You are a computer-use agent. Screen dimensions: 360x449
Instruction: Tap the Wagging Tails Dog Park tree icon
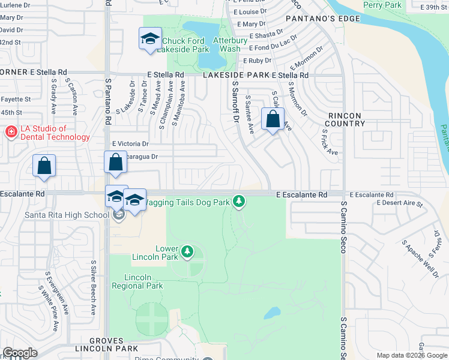pos(239,201)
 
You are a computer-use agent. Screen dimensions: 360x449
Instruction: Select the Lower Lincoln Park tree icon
pos(188,251)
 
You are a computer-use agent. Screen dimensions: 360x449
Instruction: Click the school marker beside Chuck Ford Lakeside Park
pos(148,40)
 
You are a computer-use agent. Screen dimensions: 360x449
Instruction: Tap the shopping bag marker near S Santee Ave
pos(273,119)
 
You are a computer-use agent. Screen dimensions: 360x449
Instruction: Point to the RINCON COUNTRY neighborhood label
pos(346,119)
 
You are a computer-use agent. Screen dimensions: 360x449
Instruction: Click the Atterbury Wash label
pos(229,44)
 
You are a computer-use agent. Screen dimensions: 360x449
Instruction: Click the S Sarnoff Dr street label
pos(235,102)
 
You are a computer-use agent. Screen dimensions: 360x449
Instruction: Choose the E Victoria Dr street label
pos(130,144)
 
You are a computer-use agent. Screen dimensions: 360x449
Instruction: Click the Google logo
pos(20,353)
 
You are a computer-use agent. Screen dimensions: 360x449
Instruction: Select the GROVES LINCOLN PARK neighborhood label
pos(107,344)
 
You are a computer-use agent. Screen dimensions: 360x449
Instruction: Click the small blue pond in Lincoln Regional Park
pos(272,313)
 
